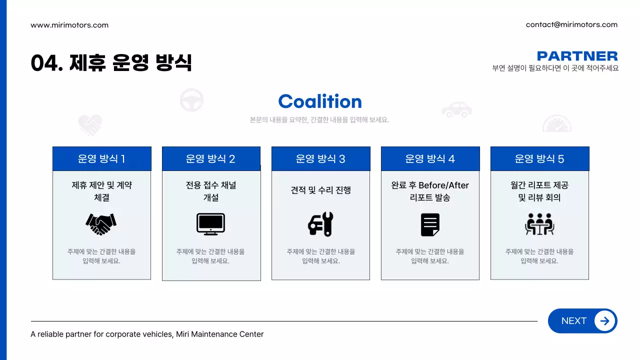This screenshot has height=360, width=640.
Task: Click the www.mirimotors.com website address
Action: tap(69, 25)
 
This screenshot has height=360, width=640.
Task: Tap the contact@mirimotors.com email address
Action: tap(571, 24)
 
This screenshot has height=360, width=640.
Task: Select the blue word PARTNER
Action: tap(577, 56)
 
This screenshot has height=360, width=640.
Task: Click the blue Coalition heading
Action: tap(320, 101)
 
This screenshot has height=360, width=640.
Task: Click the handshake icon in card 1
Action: tap(101, 224)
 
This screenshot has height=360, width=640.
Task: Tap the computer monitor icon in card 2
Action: tap(210, 224)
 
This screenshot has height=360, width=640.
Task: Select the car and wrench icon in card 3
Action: tap(320, 224)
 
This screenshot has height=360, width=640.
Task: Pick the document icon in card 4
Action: tap(430, 224)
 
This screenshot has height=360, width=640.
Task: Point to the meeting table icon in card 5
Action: tap(539, 224)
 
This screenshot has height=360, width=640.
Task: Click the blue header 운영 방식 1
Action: tap(101, 159)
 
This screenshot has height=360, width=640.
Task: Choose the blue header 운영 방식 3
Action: tap(320, 159)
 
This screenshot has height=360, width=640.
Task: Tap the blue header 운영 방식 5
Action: tap(539, 159)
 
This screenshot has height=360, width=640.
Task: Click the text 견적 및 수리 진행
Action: tap(320, 190)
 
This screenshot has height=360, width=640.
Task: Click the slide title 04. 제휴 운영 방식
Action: tap(111, 63)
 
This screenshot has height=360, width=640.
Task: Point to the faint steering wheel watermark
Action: tap(191, 100)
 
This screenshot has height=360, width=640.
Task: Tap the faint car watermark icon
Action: tap(456, 109)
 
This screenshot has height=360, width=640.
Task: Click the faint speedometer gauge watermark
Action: tap(556, 123)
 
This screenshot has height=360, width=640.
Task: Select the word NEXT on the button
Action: tap(573, 321)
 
